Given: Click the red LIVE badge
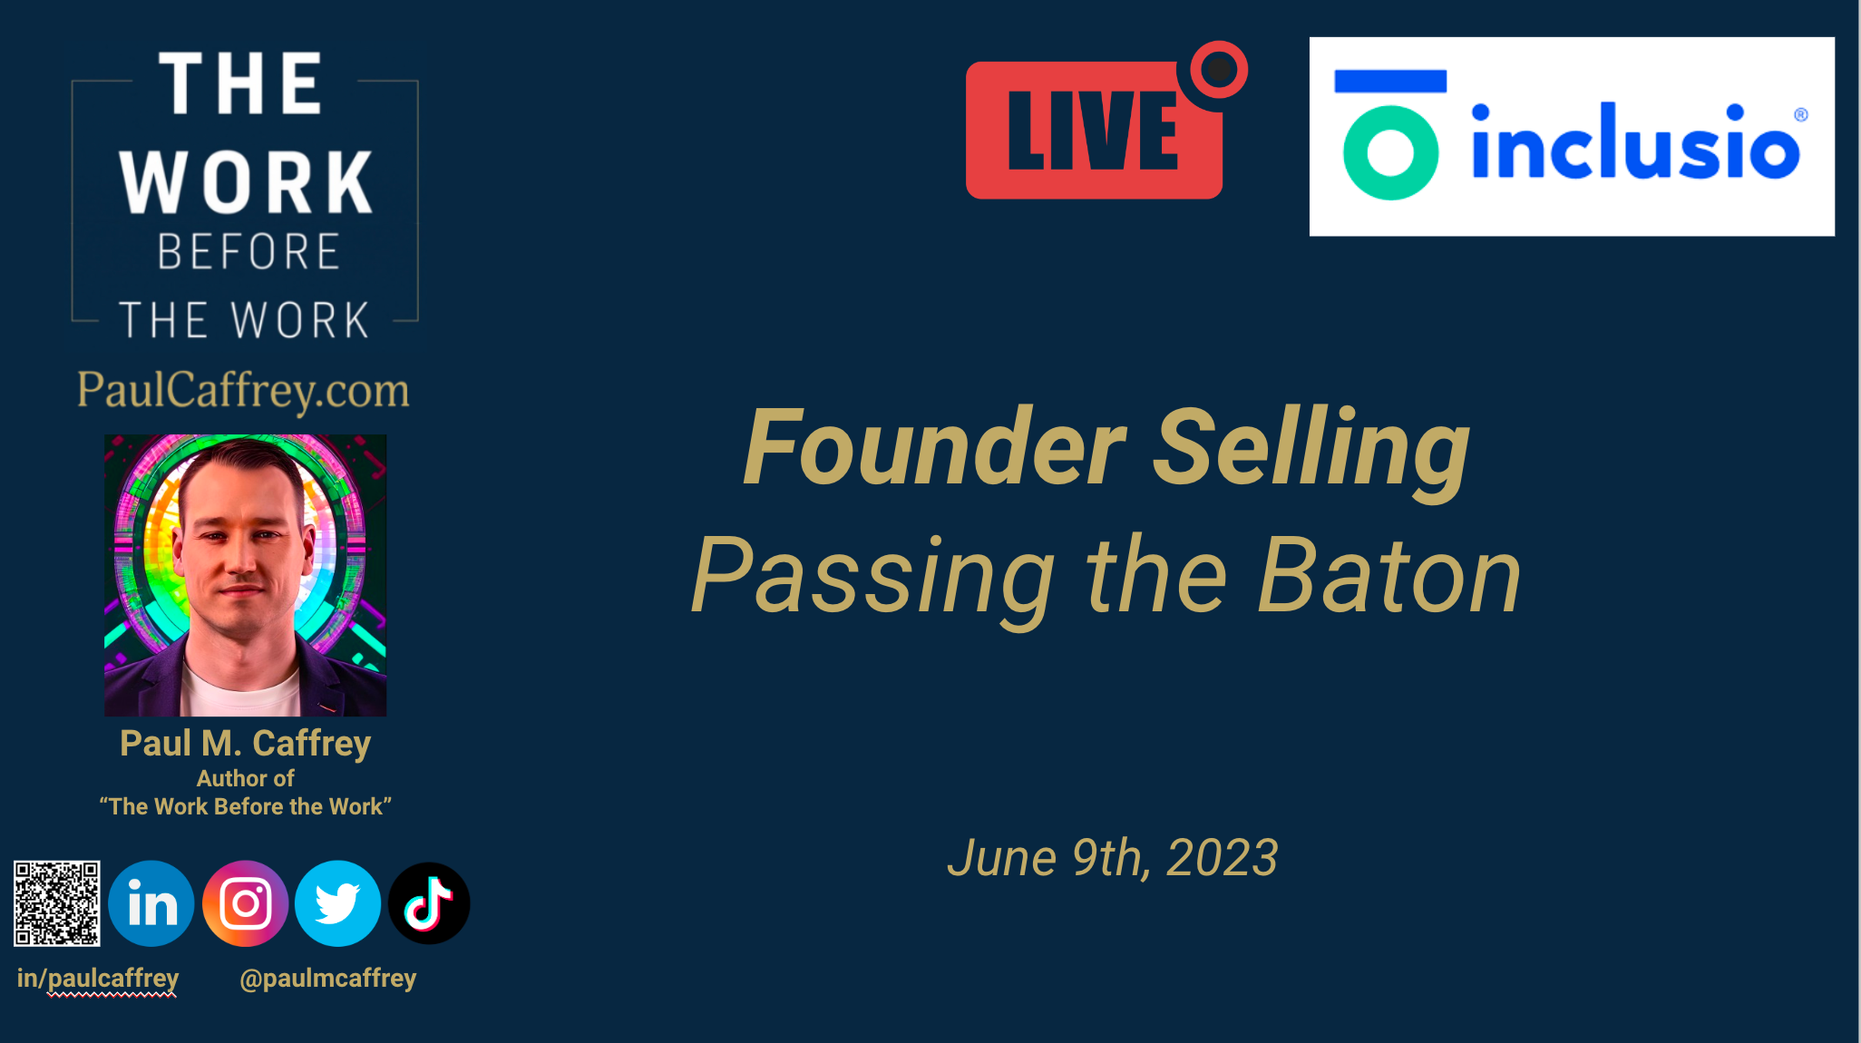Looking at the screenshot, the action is (1094, 130).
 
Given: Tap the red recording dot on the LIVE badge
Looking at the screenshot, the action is (1218, 70).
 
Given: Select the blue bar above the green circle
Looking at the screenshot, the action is (1390, 81).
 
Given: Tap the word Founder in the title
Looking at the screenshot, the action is (934, 447).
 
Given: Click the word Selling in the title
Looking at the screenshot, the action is (1311, 451).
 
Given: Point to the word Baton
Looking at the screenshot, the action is (1389, 576).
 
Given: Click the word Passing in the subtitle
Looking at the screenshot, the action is (872, 579).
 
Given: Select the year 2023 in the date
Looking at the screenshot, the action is (1222, 858).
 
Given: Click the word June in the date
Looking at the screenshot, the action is (1002, 858).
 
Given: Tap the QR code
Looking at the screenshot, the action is (57, 903).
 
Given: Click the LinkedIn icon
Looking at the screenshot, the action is (151, 903).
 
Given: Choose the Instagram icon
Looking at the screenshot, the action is (245, 903).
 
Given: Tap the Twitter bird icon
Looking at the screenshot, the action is (337, 903).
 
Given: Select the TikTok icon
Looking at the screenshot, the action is (429, 903).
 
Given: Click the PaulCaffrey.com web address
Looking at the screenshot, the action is (243, 390).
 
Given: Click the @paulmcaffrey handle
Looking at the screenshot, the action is (328, 979).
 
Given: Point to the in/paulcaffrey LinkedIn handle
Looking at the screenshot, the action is (98, 979).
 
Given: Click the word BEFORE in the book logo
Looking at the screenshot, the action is (248, 251).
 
